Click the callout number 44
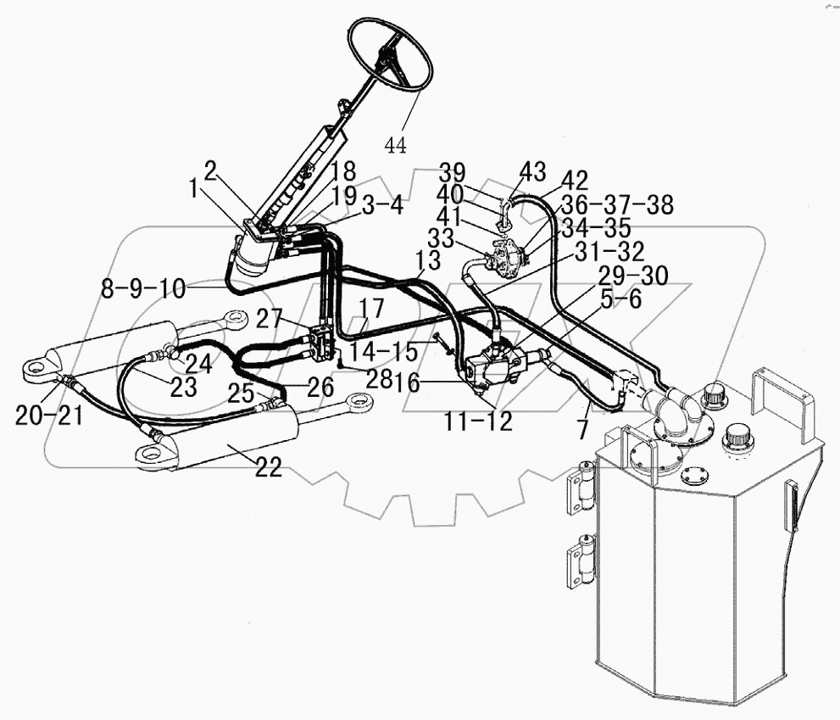click(x=395, y=145)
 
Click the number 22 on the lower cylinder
click(x=269, y=466)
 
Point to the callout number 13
click(x=428, y=260)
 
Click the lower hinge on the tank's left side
click(x=581, y=561)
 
